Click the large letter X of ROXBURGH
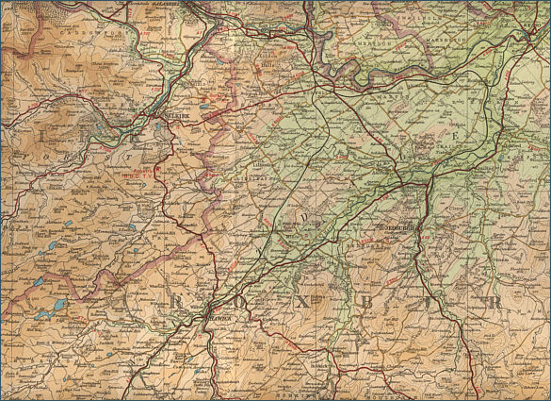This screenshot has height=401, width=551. pyautogui.click(x=303, y=304)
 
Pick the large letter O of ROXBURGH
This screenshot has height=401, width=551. pyautogui.click(x=238, y=303)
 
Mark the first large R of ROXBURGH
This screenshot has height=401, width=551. pyautogui.click(x=175, y=302)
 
